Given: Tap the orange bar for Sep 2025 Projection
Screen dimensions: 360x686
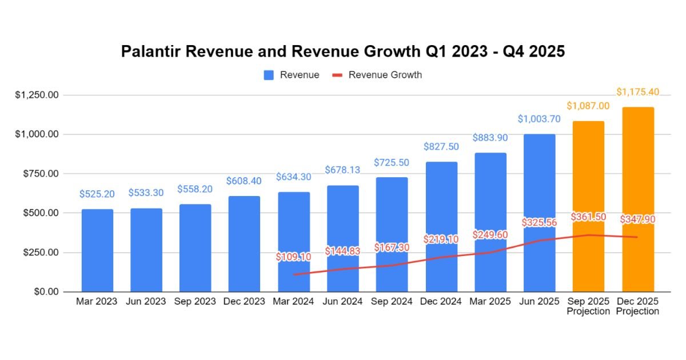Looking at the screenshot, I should point(588,206).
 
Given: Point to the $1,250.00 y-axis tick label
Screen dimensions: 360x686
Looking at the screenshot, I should point(37,95).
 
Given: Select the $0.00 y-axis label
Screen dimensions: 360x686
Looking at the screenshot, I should point(45,291).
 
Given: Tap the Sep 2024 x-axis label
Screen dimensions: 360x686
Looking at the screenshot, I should point(392,301).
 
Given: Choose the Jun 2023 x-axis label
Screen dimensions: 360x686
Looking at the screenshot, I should point(146,301).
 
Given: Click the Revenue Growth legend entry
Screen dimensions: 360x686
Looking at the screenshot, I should point(377,75).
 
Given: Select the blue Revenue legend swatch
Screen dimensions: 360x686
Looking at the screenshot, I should point(269,75).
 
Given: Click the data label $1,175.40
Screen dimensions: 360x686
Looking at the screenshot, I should point(638,92).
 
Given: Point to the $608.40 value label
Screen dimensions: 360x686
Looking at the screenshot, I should point(245,181).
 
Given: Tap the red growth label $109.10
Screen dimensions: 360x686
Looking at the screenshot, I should point(293,257).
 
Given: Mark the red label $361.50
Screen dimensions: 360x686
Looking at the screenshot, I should point(588,217).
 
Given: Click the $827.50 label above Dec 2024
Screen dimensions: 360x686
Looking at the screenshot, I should point(441,147).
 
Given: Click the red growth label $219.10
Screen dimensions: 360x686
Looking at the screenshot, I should point(441,239).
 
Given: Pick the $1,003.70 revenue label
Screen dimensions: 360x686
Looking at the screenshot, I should point(539,119).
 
